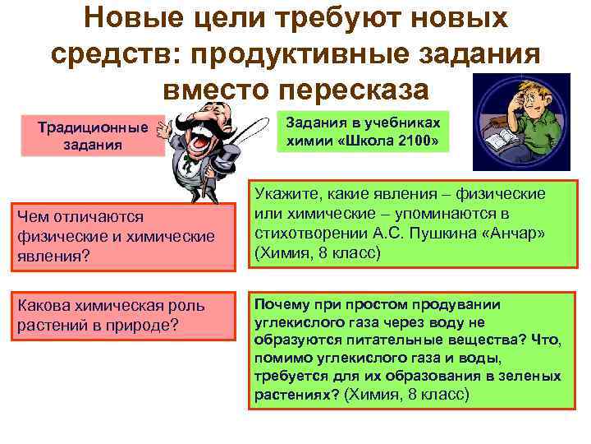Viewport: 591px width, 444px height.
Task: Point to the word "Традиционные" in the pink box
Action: pos(94,127)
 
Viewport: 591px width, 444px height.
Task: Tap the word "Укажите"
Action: pos(287,193)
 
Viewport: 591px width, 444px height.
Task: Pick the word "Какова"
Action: pos(41,306)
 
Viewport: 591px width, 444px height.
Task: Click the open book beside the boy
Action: pos(497,144)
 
